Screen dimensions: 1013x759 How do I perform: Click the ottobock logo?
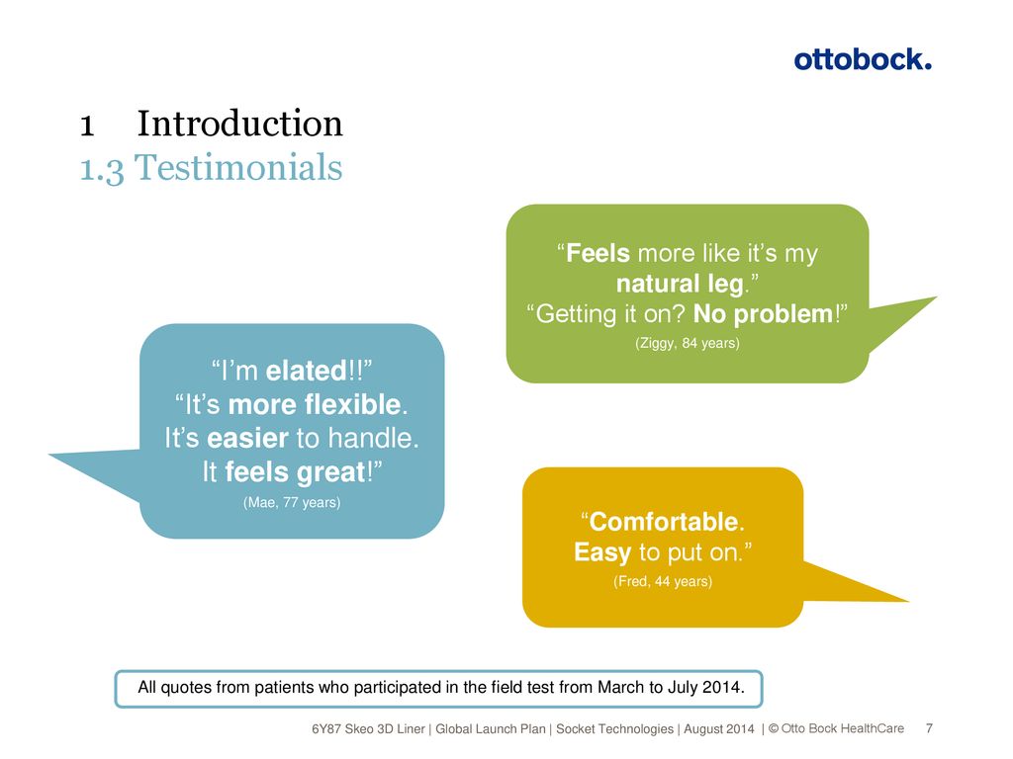tap(863, 59)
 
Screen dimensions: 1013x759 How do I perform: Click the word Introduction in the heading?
tap(239, 123)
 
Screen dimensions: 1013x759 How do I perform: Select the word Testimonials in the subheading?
tap(238, 167)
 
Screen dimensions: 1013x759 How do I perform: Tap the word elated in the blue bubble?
tap(307, 372)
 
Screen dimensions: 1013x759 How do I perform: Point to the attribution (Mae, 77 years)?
tap(292, 502)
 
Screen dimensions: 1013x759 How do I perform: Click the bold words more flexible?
tap(315, 404)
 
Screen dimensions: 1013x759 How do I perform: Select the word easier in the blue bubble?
tap(247, 438)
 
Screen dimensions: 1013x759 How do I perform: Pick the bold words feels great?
tap(295, 471)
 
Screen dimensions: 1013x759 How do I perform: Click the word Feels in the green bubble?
tap(598, 253)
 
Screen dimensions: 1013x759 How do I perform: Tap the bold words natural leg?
tap(680, 284)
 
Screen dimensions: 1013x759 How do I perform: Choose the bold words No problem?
tap(763, 314)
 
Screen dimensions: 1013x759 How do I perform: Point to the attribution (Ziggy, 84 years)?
tap(688, 343)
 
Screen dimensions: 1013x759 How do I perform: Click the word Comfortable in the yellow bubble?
tap(664, 522)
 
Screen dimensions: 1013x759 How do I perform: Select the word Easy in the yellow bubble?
tap(602, 552)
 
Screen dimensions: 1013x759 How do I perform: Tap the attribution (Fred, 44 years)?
tap(663, 581)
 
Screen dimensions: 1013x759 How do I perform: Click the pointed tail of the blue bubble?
tap(50, 455)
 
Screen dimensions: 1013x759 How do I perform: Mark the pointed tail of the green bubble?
tap(936, 298)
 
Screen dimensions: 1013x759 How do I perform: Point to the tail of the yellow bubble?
tap(907, 601)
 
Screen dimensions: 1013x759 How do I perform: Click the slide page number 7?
tap(929, 728)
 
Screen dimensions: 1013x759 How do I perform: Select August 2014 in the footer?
tap(719, 729)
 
